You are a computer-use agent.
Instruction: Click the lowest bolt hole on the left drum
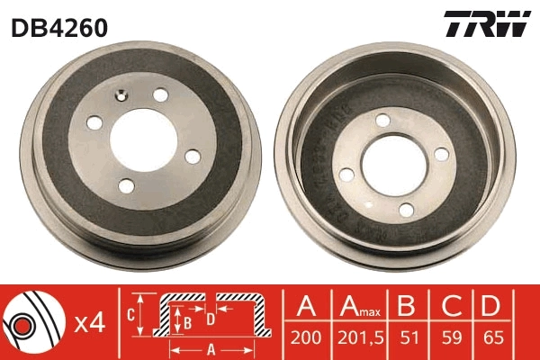[126, 185]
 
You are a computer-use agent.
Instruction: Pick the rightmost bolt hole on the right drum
[440, 156]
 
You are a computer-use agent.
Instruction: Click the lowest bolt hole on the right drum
[407, 210]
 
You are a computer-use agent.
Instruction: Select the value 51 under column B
[409, 340]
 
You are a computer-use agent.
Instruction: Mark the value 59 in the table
[451, 340]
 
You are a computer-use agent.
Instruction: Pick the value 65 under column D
[491, 340]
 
